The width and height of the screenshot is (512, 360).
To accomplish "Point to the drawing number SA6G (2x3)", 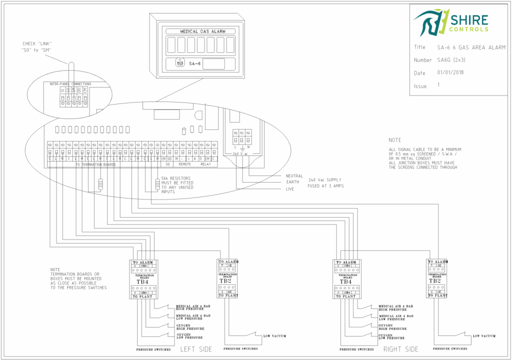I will click(x=455, y=60).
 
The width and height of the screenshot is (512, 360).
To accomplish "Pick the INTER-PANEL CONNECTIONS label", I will click(x=70, y=83).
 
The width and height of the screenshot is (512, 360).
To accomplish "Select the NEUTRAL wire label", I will click(x=294, y=175).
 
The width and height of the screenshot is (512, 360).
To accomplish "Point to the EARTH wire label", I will click(x=292, y=182).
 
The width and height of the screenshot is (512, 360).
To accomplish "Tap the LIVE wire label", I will click(x=290, y=188).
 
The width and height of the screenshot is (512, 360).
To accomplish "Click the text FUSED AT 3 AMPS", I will click(x=325, y=185).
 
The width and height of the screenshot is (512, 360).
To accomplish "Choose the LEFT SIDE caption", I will click(x=196, y=349).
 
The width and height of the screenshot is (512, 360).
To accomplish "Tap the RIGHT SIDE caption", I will click(x=400, y=349).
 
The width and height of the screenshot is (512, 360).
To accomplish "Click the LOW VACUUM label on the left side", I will click(x=274, y=336).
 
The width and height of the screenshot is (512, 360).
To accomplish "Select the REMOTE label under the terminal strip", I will click(x=184, y=164).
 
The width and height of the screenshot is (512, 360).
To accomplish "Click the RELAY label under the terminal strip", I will click(x=206, y=164).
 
